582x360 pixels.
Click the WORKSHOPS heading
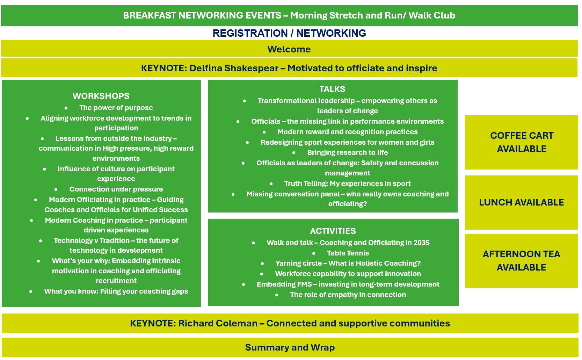point(101,96)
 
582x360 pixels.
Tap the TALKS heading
point(332,89)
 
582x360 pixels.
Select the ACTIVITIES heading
point(333,231)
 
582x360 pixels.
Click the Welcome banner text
point(289,49)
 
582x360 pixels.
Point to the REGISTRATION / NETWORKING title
point(289,33)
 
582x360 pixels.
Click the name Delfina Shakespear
point(234,68)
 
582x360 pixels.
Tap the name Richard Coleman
point(218,323)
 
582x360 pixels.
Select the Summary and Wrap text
point(290,347)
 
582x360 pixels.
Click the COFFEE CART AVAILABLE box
point(521,142)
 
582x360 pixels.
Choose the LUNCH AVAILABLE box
point(521,202)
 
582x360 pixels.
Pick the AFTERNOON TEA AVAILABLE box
point(521,261)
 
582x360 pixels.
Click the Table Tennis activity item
point(348,253)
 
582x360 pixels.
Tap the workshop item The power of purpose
point(116,108)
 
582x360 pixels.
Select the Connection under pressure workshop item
point(116,189)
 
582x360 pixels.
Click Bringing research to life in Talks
point(347,152)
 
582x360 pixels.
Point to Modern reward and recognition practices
point(347,132)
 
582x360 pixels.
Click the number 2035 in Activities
point(421,243)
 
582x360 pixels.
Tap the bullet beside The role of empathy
point(277,295)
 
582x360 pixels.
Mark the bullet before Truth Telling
point(271,184)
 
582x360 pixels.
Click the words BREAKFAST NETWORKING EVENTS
point(202,15)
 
